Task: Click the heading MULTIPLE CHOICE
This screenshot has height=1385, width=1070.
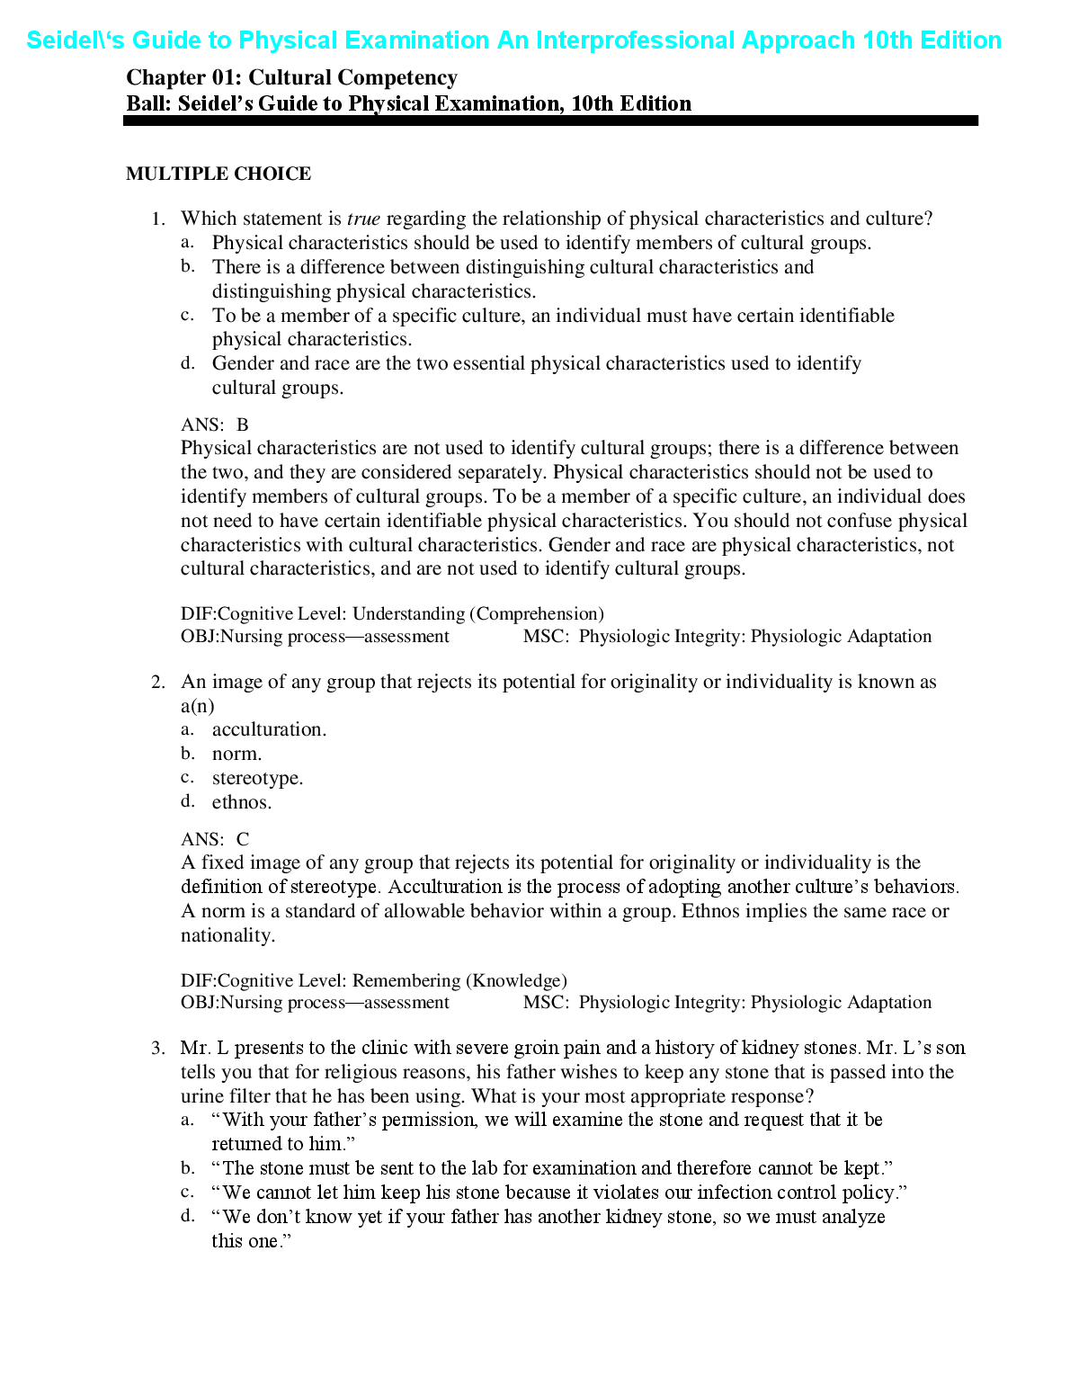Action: (218, 174)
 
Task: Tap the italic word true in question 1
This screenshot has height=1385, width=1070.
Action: (363, 219)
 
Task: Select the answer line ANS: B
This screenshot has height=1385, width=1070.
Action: (215, 424)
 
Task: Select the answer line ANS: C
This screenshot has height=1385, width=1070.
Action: (215, 839)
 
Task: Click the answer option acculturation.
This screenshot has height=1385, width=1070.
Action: (269, 729)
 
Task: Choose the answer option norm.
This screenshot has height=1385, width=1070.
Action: (236, 754)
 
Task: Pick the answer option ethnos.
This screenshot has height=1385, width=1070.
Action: (241, 802)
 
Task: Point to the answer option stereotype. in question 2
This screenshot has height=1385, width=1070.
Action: (257, 778)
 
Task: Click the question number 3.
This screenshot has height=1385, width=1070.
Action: (158, 1048)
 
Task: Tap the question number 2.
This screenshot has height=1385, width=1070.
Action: (158, 682)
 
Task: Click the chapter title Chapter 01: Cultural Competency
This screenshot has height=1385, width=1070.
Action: (291, 78)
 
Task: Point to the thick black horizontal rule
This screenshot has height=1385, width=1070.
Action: (550, 121)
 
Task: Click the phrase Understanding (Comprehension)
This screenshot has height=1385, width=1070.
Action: (477, 613)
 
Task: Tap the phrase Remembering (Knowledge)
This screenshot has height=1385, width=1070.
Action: (459, 980)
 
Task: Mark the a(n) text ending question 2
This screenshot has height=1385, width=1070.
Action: (197, 706)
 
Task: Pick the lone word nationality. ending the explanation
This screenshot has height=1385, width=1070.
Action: (227, 935)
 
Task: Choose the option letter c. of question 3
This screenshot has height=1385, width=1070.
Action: (187, 1192)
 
